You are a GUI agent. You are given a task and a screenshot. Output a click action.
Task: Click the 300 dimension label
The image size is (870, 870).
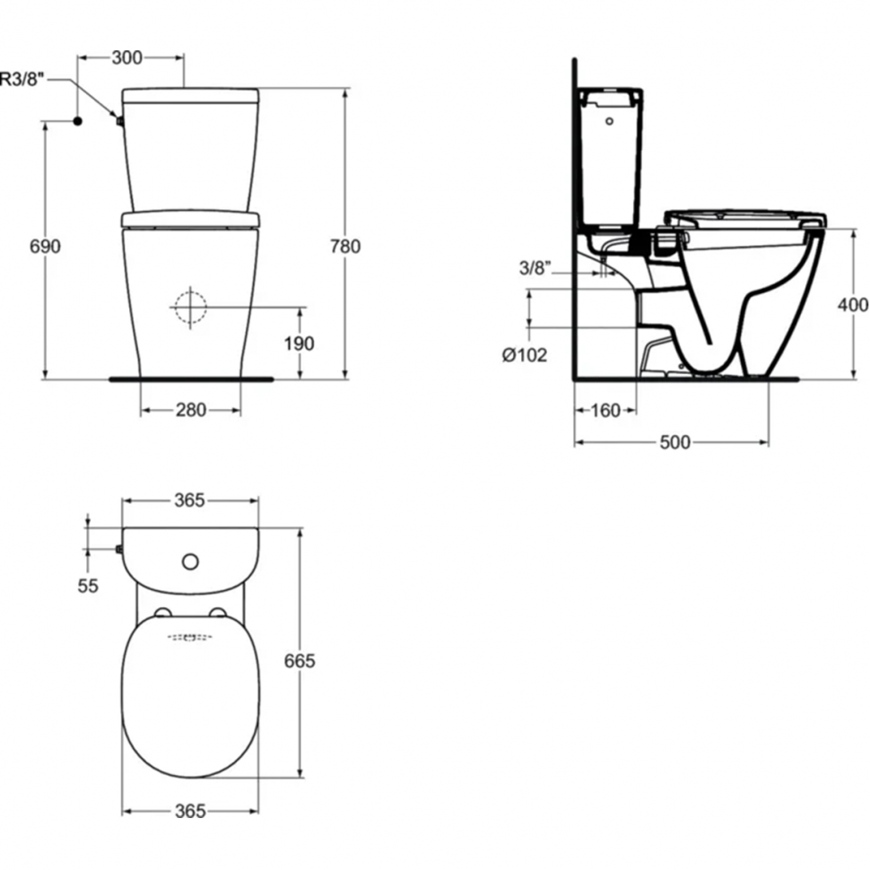click(127, 57)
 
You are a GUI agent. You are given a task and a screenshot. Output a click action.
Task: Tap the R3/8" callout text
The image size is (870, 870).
click(22, 79)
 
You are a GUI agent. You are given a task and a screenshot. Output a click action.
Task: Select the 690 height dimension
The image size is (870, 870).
click(45, 246)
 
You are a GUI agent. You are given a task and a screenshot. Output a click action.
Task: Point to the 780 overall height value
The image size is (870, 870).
click(345, 246)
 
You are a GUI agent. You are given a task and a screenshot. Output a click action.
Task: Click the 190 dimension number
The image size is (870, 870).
click(299, 344)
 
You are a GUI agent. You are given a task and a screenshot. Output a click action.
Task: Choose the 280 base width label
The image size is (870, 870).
click(191, 410)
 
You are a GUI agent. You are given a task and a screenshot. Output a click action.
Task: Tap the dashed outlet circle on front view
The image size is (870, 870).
click(190, 307)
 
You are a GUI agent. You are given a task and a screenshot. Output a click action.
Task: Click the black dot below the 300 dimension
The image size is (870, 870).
click(78, 120)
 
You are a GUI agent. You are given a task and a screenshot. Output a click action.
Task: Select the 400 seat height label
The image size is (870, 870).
click(853, 305)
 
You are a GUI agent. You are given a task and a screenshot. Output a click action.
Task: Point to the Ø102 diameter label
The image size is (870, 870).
click(525, 354)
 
